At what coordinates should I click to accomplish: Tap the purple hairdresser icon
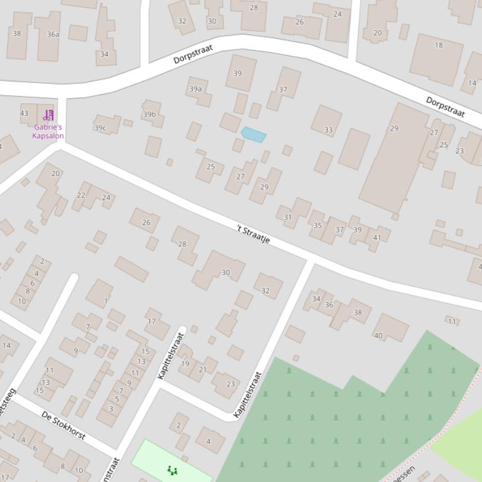tap(48, 115)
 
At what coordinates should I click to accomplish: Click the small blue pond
tap(254, 135)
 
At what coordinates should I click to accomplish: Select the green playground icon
tap(172, 469)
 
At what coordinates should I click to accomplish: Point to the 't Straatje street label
tap(254, 233)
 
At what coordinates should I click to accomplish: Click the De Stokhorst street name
tap(63, 425)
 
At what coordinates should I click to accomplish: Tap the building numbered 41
tap(377, 237)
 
